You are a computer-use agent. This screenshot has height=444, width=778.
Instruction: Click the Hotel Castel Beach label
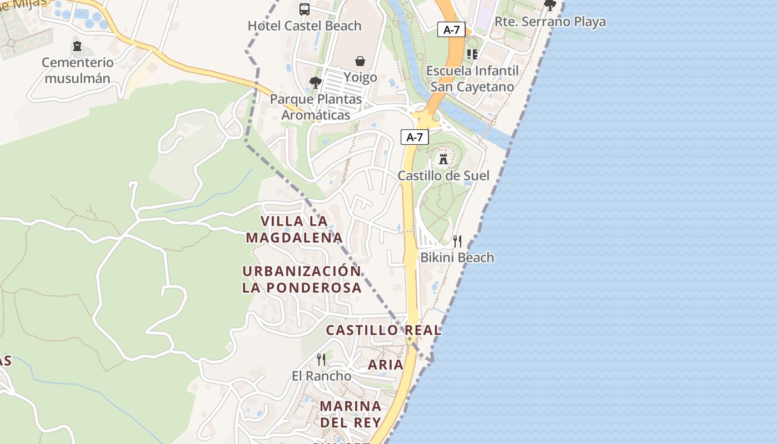(x=305, y=26)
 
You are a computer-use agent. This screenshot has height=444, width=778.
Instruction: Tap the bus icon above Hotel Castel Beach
(x=305, y=9)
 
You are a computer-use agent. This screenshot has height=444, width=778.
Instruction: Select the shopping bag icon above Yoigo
(x=360, y=60)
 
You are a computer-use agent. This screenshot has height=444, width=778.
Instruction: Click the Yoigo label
(x=360, y=77)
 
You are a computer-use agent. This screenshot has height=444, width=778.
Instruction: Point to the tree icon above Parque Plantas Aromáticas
(x=316, y=83)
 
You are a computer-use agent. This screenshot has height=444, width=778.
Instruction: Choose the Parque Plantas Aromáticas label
(x=316, y=107)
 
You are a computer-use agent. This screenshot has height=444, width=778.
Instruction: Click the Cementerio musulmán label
(x=77, y=70)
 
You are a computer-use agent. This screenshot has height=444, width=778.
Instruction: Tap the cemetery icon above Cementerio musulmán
(x=77, y=46)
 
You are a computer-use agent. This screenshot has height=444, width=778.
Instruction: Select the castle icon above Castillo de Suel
(x=443, y=159)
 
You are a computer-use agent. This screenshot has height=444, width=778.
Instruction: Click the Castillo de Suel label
(x=443, y=176)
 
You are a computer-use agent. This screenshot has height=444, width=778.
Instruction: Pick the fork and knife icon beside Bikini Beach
(x=457, y=241)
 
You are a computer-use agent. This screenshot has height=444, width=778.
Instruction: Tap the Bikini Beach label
(x=457, y=258)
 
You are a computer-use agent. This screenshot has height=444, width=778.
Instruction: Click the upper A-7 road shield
(x=451, y=29)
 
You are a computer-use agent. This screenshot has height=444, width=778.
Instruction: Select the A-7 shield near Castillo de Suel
(x=415, y=137)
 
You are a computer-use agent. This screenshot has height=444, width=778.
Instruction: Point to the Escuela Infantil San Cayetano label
(x=472, y=79)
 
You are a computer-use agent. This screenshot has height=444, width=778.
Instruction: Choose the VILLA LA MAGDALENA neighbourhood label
(x=294, y=229)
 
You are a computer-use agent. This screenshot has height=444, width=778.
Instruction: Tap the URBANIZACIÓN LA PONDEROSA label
(x=302, y=279)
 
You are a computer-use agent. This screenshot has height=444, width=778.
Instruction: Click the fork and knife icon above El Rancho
(x=321, y=359)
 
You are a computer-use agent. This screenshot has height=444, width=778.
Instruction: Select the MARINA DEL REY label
(x=351, y=413)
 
